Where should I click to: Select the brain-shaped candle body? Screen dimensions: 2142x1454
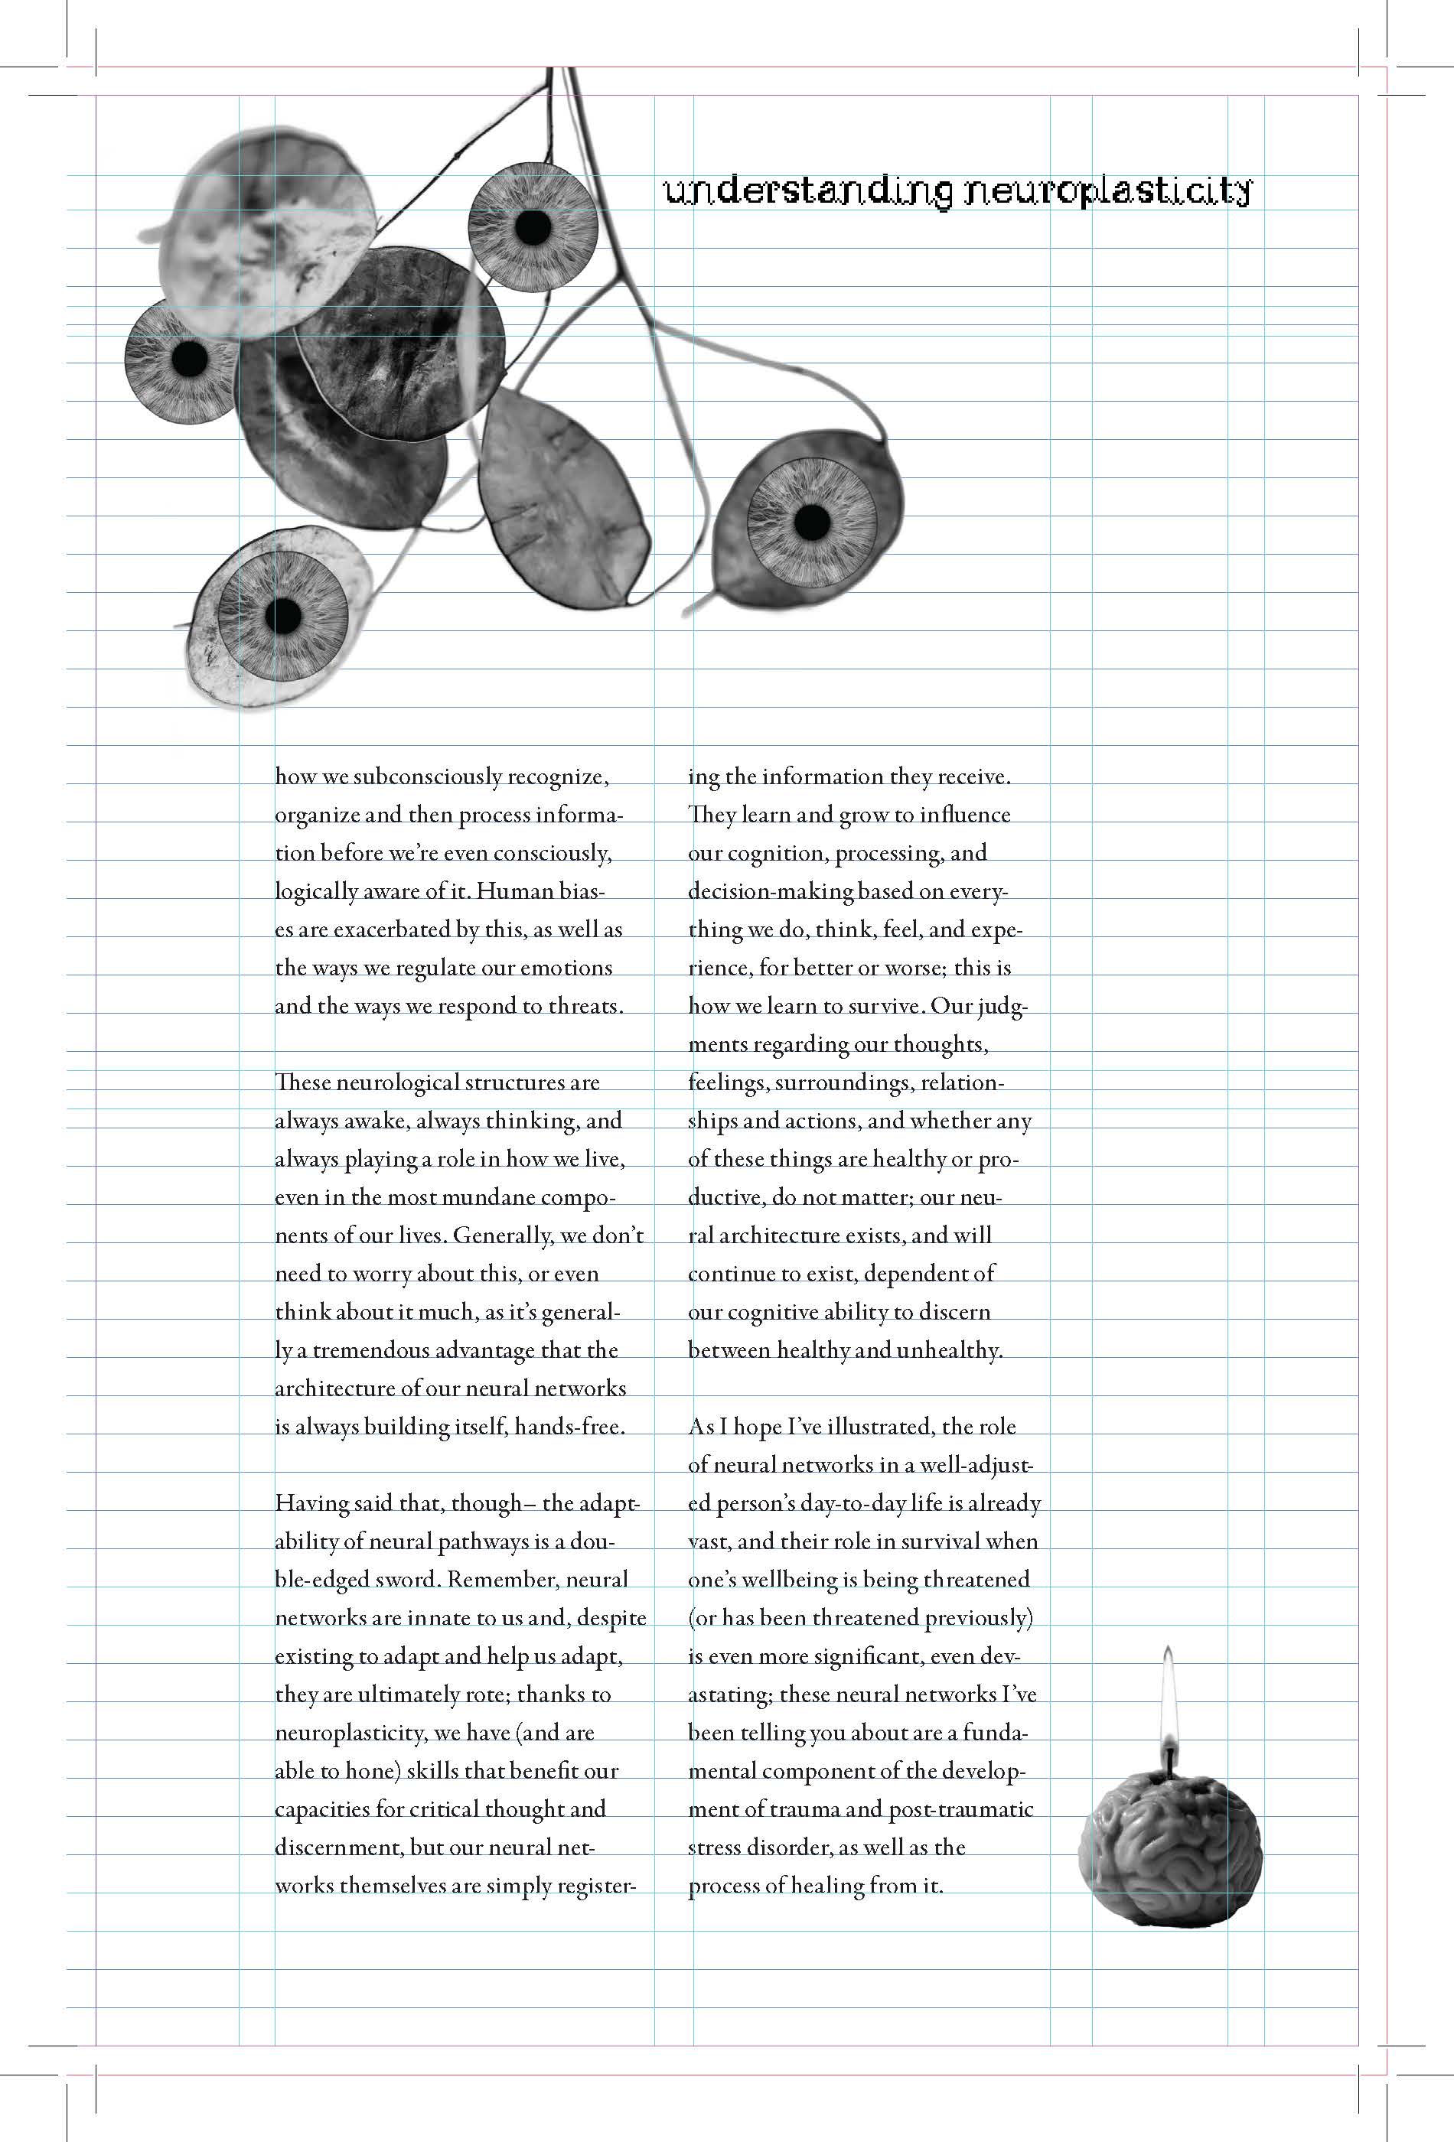pyautogui.click(x=1169, y=1853)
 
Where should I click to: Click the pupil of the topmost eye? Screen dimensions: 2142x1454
pyautogui.click(x=532, y=226)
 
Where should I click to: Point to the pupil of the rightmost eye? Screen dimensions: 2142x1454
pyautogui.click(x=812, y=522)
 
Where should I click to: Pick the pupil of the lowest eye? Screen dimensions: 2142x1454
pyautogui.click(x=283, y=616)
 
